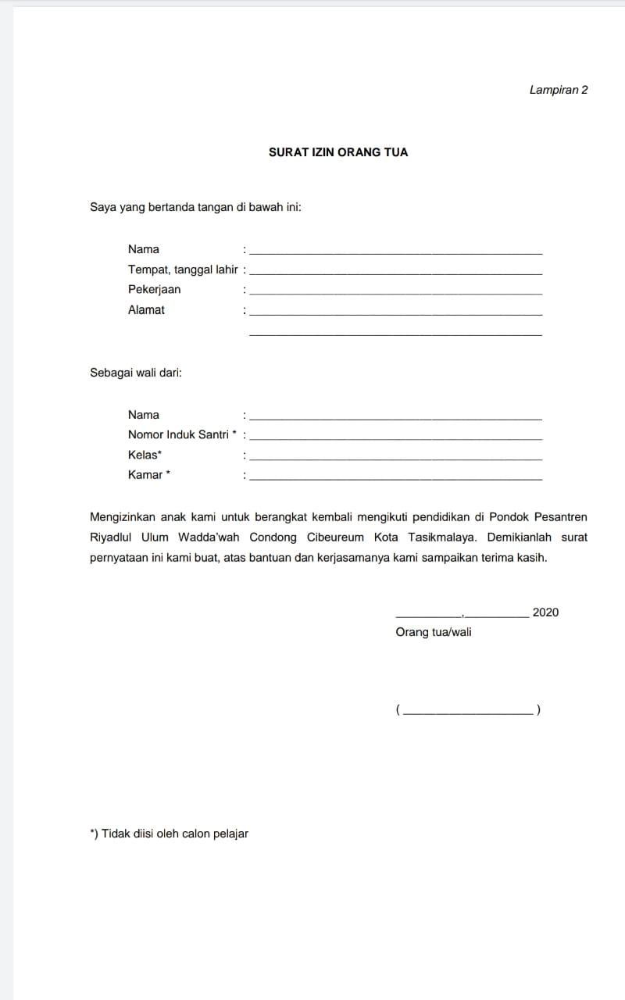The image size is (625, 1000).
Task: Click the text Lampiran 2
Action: click(558, 90)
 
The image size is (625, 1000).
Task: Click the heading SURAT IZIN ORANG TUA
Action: click(338, 152)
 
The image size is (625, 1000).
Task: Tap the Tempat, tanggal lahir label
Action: click(183, 270)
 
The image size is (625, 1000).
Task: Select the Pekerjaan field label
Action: click(155, 289)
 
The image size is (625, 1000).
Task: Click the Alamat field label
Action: click(147, 309)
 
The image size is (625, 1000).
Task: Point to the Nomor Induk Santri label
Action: click(178, 434)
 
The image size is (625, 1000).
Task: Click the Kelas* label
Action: click(145, 455)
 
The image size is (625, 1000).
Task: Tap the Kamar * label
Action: click(148, 474)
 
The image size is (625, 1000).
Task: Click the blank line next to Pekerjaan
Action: click(395, 293)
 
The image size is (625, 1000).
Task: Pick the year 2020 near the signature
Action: click(545, 612)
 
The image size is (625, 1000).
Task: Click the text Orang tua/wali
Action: click(434, 632)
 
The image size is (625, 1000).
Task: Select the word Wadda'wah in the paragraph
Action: click(209, 537)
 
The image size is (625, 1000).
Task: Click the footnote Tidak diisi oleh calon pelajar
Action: click(170, 834)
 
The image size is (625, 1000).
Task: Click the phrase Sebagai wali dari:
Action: click(136, 373)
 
